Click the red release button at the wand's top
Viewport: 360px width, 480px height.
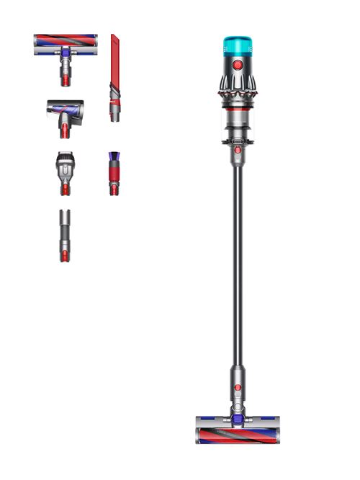click(x=238, y=149)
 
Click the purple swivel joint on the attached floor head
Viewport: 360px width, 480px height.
click(x=237, y=412)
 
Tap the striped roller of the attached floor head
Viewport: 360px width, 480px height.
click(x=236, y=435)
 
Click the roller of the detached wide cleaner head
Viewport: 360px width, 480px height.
click(x=66, y=40)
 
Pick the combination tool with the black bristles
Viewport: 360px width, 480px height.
click(x=65, y=166)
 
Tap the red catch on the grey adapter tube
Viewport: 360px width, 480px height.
click(x=65, y=255)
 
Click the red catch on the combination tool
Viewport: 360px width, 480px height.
click(x=65, y=187)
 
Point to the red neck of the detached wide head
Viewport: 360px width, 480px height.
click(x=66, y=73)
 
